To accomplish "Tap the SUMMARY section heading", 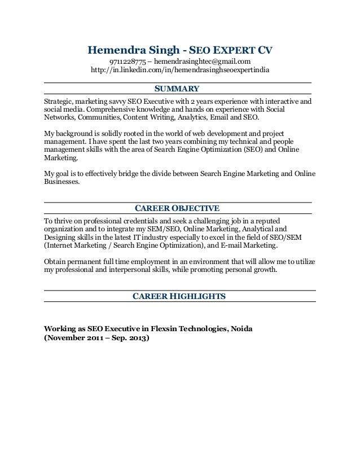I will (x=177, y=89).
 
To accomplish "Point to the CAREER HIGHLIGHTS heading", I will (x=179, y=296).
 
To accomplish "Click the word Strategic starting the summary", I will (x=59, y=100).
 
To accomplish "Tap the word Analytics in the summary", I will (x=191, y=118).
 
